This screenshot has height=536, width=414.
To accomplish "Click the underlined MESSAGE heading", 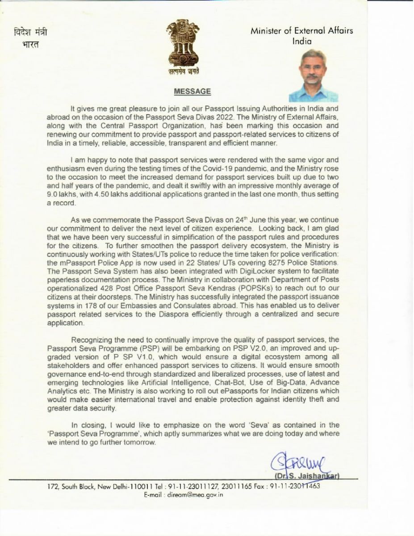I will [x=192, y=92].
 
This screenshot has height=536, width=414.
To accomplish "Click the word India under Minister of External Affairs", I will [x=302, y=41].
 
